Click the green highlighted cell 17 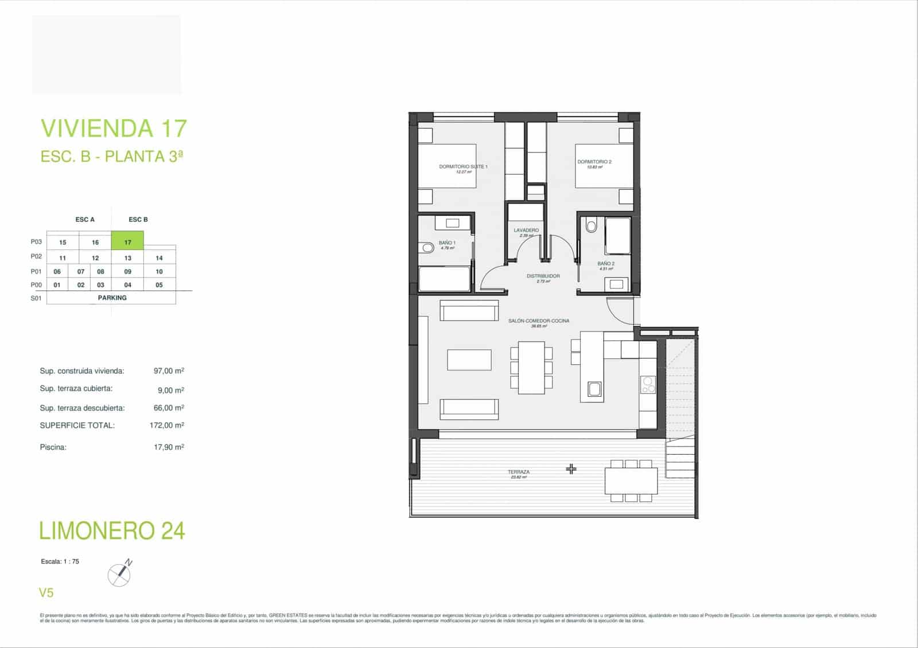click(127, 241)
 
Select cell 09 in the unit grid click(127, 271)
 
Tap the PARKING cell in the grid click(112, 298)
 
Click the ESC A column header click(85, 220)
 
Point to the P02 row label click(36, 257)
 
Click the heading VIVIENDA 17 click(114, 128)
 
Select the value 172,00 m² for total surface click(166, 426)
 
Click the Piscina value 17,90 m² click(169, 447)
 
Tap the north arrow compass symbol click(119, 573)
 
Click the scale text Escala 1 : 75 click(60, 561)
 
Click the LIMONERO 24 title click(112, 530)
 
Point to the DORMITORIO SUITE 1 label click(463, 167)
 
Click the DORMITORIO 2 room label click(594, 162)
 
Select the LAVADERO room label click(526, 231)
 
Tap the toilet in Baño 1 click(426, 248)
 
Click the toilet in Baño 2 click(592, 227)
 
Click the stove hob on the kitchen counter click(648, 384)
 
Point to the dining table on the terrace click(631, 481)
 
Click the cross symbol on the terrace click(571, 469)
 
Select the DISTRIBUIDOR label click(543, 276)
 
